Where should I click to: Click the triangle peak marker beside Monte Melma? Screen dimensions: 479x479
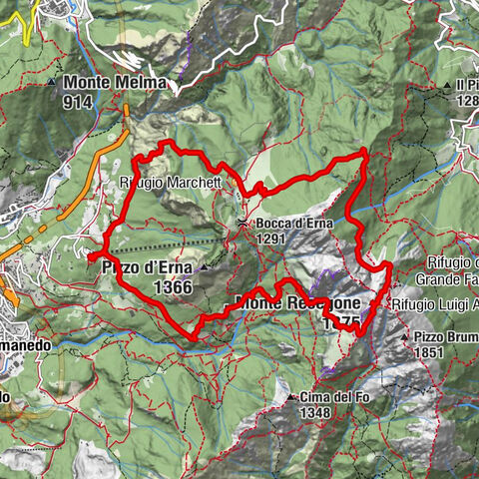pos(52,83)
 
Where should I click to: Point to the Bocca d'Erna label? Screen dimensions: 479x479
pos(287,224)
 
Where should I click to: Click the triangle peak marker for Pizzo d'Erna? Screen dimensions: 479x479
pos(205,267)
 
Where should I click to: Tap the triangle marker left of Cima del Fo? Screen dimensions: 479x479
pos(289,397)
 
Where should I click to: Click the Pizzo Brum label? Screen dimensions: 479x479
pos(446,337)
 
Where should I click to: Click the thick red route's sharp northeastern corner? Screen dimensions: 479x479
pos(365,151)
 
